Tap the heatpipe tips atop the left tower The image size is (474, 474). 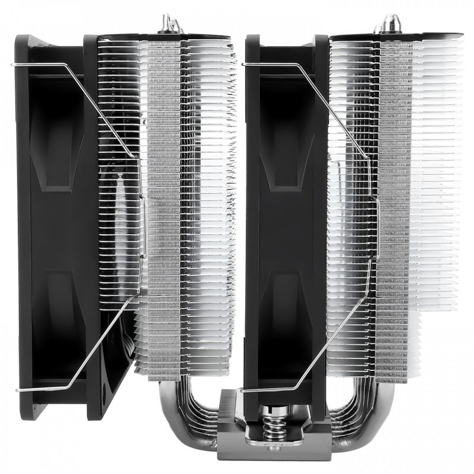point(172,24)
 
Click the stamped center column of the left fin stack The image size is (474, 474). point(164,207)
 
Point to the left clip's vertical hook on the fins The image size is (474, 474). point(142,225)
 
